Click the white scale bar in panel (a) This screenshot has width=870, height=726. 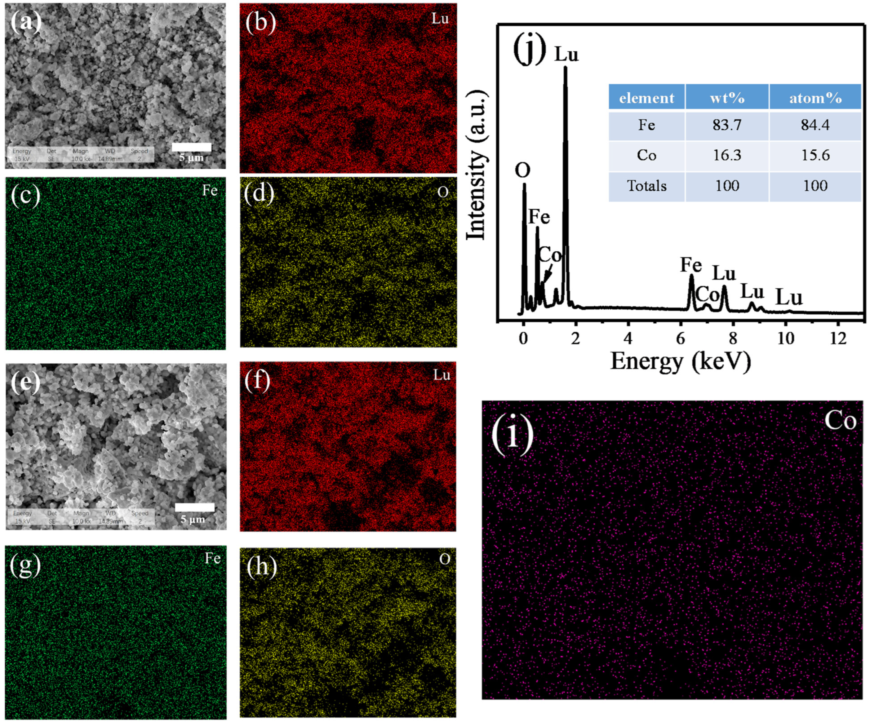pyautogui.click(x=191, y=147)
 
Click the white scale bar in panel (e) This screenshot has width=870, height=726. pyautogui.click(x=195, y=507)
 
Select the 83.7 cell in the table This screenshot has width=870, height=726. pyautogui.click(x=727, y=125)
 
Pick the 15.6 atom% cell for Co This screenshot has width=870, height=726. pyautogui.click(x=815, y=155)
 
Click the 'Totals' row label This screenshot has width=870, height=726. pyautogui.click(x=647, y=186)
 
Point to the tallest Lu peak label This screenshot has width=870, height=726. pyautogui.click(x=566, y=54)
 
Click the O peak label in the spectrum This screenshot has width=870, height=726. pyautogui.click(x=522, y=170)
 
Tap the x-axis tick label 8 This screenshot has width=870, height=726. pyautogui.click(x=733, y=339)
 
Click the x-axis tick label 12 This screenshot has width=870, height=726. pyautogui.click(x=838, y=339)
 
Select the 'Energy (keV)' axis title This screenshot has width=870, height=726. pyautogui.click(x=680, y=361)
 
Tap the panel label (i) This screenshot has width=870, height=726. pyautogui.click(x=513, y=434)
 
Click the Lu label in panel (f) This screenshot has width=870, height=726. pyautogui.click(x=442, y=375)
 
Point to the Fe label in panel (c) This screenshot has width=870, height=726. pyautogui.click(x=210, y=191)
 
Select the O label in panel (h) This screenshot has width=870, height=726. pyautogui.click(x=445, y=560)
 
